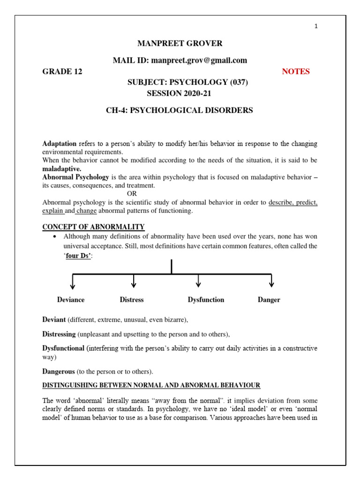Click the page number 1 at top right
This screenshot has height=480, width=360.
click(x=316, y=26)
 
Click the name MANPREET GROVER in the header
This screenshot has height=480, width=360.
click(x=180, y=44)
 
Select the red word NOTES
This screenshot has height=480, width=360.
click(x=295, y=72)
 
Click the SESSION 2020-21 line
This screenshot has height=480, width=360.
click(x=179, y=93)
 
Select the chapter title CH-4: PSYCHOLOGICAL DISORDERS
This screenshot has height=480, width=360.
click(x=180, y=111)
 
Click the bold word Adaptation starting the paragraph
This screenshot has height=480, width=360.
click(x=60, y=143)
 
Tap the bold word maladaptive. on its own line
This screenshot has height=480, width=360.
click(x=62, y=168)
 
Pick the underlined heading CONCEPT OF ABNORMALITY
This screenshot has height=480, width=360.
click(x=93, y=227)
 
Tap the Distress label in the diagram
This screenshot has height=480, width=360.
click(x=132, y=300)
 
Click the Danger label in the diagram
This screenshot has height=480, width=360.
click(x=269, y=300)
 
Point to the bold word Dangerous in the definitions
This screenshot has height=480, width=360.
click(x=59, y=372)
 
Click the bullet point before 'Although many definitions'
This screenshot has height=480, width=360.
click(x=56, y=236)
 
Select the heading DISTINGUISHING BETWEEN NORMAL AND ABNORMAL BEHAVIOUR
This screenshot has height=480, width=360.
click(x=151, y=385)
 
